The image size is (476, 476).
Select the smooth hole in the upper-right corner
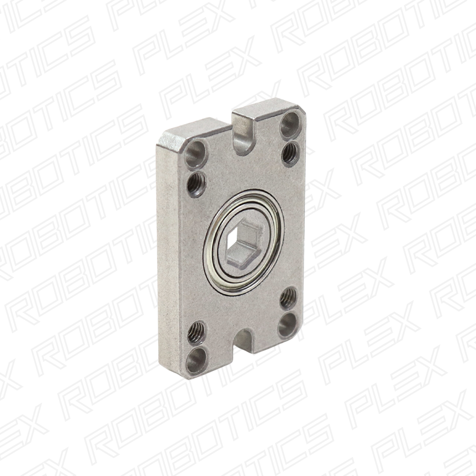click(x=290, y=124)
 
